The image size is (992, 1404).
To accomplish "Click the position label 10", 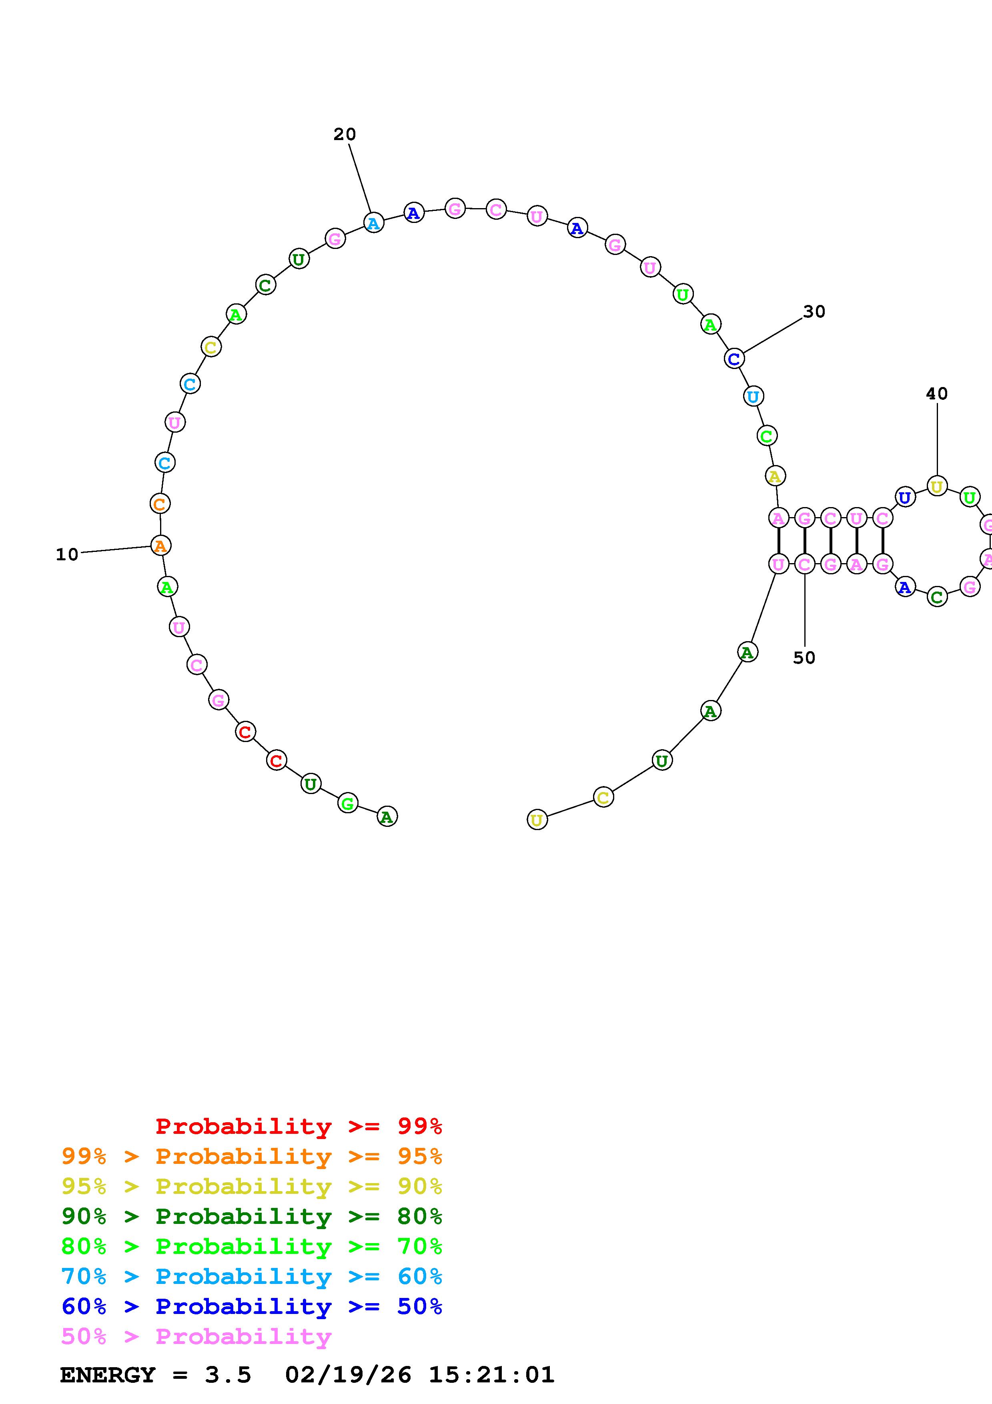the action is pos(67,555).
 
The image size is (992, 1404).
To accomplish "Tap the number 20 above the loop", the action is pos(345,134).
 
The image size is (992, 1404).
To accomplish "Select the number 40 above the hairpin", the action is pos(936,394).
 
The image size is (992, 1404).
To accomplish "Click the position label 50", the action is pos(804,658).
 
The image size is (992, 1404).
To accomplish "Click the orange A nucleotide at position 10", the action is pos(160,546).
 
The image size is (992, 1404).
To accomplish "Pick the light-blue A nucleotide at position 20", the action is pos(373,223).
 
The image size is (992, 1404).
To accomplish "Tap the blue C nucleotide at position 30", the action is pos(734,359).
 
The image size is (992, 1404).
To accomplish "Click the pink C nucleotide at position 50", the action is pos(804,564).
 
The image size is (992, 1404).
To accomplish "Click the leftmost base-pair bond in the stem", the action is pos(778,541).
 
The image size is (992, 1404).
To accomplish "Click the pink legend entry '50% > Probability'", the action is pos(196,1337).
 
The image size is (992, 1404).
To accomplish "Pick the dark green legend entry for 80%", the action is pos(251,1216).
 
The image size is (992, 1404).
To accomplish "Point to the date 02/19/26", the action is pos(348,1375).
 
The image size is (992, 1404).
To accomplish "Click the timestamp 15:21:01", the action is pos(491,1375).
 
